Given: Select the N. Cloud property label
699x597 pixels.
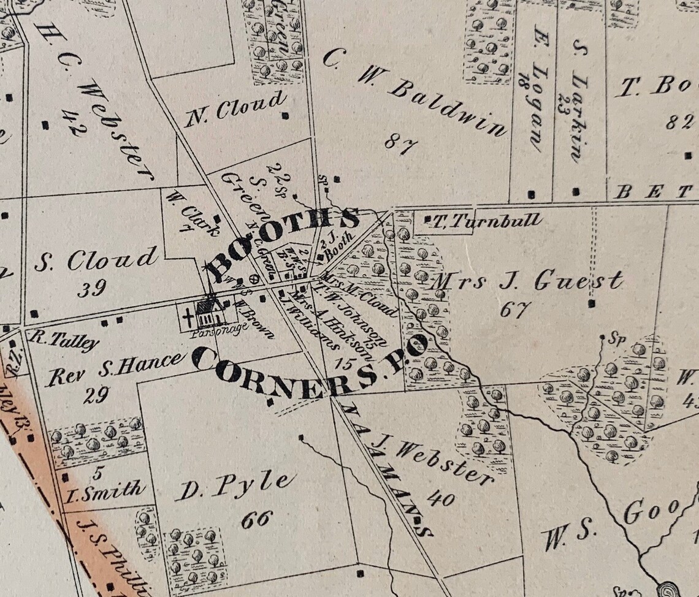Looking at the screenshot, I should point(235,108).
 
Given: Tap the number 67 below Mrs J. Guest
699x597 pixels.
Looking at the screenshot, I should point(514,310).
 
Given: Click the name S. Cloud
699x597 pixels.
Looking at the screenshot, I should point(95,260).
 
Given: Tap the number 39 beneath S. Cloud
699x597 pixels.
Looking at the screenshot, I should point(92,287).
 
